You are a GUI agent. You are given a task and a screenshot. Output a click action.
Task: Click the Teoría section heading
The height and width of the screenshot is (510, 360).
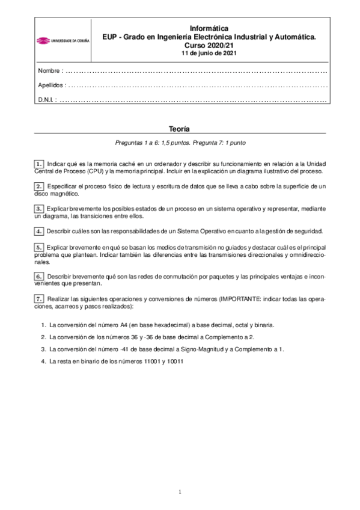pos(180,129)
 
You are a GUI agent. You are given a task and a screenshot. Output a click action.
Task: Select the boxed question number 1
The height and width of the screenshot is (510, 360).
pos(39,164)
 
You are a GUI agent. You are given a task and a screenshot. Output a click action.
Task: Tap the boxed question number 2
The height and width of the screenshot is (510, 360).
pos(39,188)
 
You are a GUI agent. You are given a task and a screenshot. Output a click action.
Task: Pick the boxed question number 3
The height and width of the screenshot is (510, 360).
pos(39,208)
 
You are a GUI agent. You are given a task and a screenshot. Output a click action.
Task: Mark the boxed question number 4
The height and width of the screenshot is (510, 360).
pos(39,231)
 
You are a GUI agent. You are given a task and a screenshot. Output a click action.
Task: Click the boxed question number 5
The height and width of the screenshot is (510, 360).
pos(39,247)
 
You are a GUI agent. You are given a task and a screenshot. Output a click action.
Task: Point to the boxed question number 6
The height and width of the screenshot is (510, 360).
pos(39,275)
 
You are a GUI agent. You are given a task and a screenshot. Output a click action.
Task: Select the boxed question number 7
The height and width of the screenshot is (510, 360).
pos(39,299)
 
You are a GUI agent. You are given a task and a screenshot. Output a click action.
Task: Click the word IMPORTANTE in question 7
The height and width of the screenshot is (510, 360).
pos(240,299)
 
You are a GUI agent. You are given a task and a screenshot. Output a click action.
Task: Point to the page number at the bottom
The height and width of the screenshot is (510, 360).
pos(180,493)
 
